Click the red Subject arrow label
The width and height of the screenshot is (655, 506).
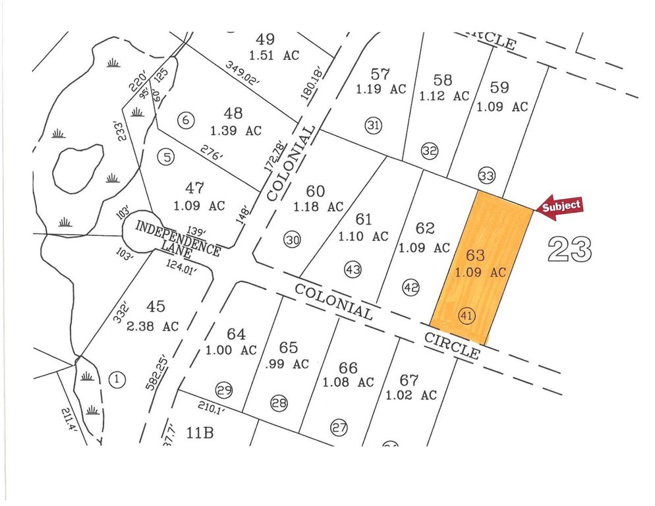pyautogui.click(x=561, y=206)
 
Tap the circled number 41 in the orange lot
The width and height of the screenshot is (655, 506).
pyautogui.click(x=467, y=316)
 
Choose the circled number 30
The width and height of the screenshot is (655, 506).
pyautogui.click(x=293, y=240)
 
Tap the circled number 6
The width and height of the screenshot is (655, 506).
pyautogui.click(x=187, y=120)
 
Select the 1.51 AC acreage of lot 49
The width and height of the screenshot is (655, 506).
pyautogui.click(x=274, y=55)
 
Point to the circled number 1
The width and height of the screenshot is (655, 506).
pyautogui.click(x=117, y=379)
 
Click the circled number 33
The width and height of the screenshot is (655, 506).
pyautogui.click(x=487, y=176)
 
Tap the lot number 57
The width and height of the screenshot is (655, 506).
pyautogui.click(x=380, y=73)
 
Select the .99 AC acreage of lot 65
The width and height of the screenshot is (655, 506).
pyautogui.click(x=288, y=363)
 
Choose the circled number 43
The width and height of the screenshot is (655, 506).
pyautogui.click(x=353, y=269)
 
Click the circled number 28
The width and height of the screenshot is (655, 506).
pyautogui.click(x=279, y=403)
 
